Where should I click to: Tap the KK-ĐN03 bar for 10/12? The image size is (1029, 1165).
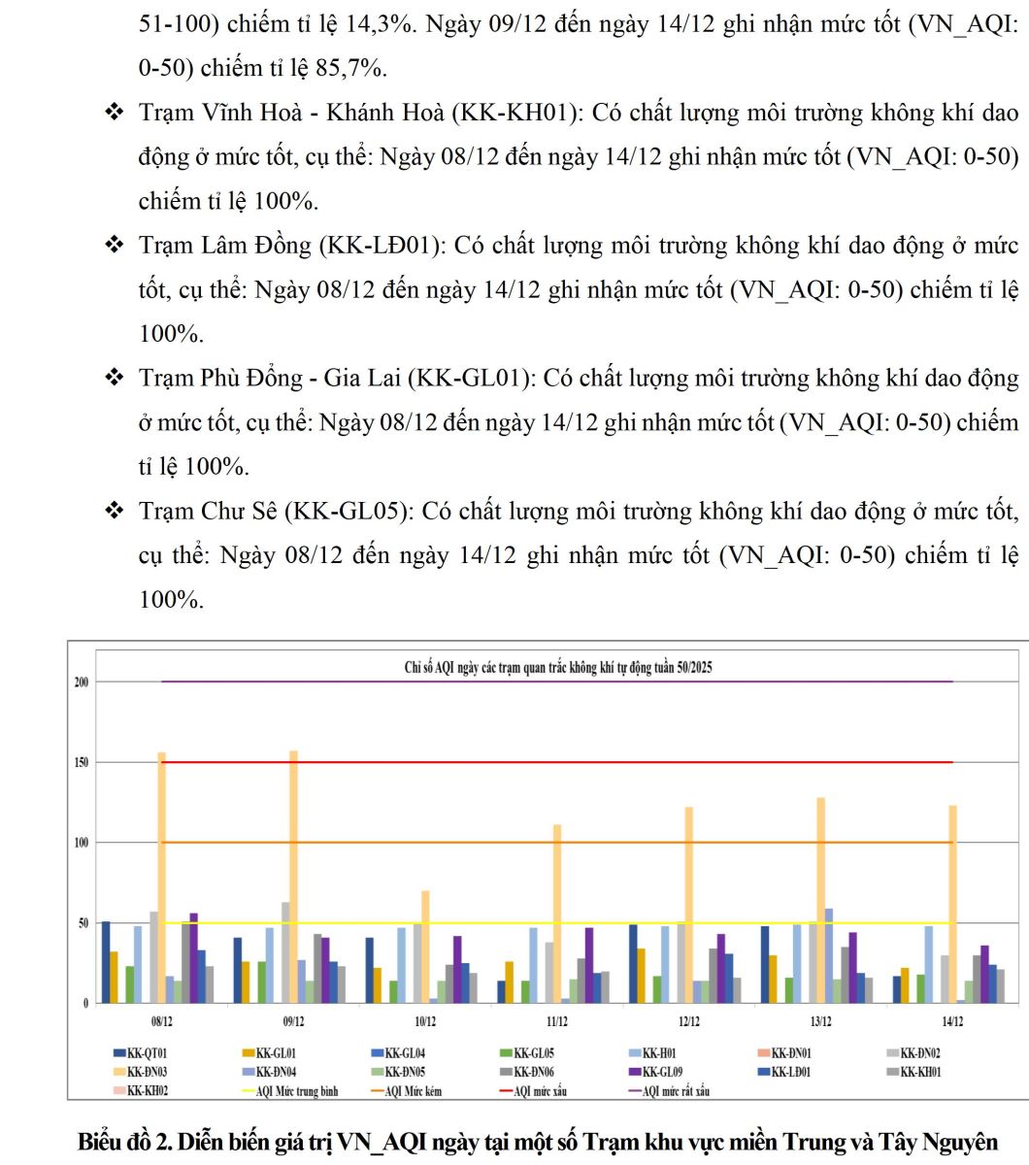tap(425, 946)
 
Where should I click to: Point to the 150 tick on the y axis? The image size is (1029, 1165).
tap(82, 762)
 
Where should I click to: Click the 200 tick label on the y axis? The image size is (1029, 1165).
tap(82, 682)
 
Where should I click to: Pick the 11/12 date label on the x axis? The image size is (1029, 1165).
tap(557, 1021)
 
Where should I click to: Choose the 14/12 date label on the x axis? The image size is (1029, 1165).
tap(951, 1021)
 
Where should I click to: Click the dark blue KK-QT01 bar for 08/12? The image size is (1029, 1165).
tap(106, 962)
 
